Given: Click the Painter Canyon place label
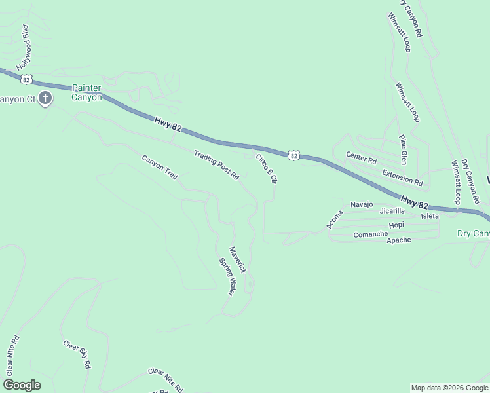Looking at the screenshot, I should pos(87,92).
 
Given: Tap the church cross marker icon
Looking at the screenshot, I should pos(45,99).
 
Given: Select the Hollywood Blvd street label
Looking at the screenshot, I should pos(28,48).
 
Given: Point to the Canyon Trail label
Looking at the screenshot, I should pos(160,167).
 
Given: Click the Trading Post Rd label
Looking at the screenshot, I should pos(217,165).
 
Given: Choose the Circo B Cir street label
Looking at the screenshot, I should pos(267,168).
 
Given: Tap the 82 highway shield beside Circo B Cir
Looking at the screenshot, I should pos(293,155).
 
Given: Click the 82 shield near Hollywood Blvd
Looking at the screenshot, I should pos(26,79).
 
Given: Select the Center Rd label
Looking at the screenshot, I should pos(362,159).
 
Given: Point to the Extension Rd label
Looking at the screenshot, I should pos(402,177).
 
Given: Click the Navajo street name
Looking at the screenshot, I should pos(362,204).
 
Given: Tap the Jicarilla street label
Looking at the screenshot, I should pos(392,211).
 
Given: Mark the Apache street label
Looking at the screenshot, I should pos(399,240).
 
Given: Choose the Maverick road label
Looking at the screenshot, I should pos(237,259).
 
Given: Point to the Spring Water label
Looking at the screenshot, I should pos(227,276).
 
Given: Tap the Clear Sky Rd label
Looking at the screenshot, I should pos(77,354).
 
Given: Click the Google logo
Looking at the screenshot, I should pos(22,385).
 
